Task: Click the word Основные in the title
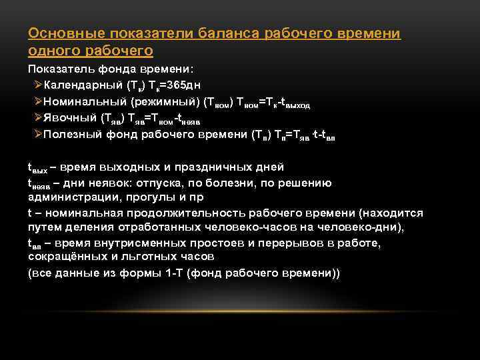59,33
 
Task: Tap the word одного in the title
52,51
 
